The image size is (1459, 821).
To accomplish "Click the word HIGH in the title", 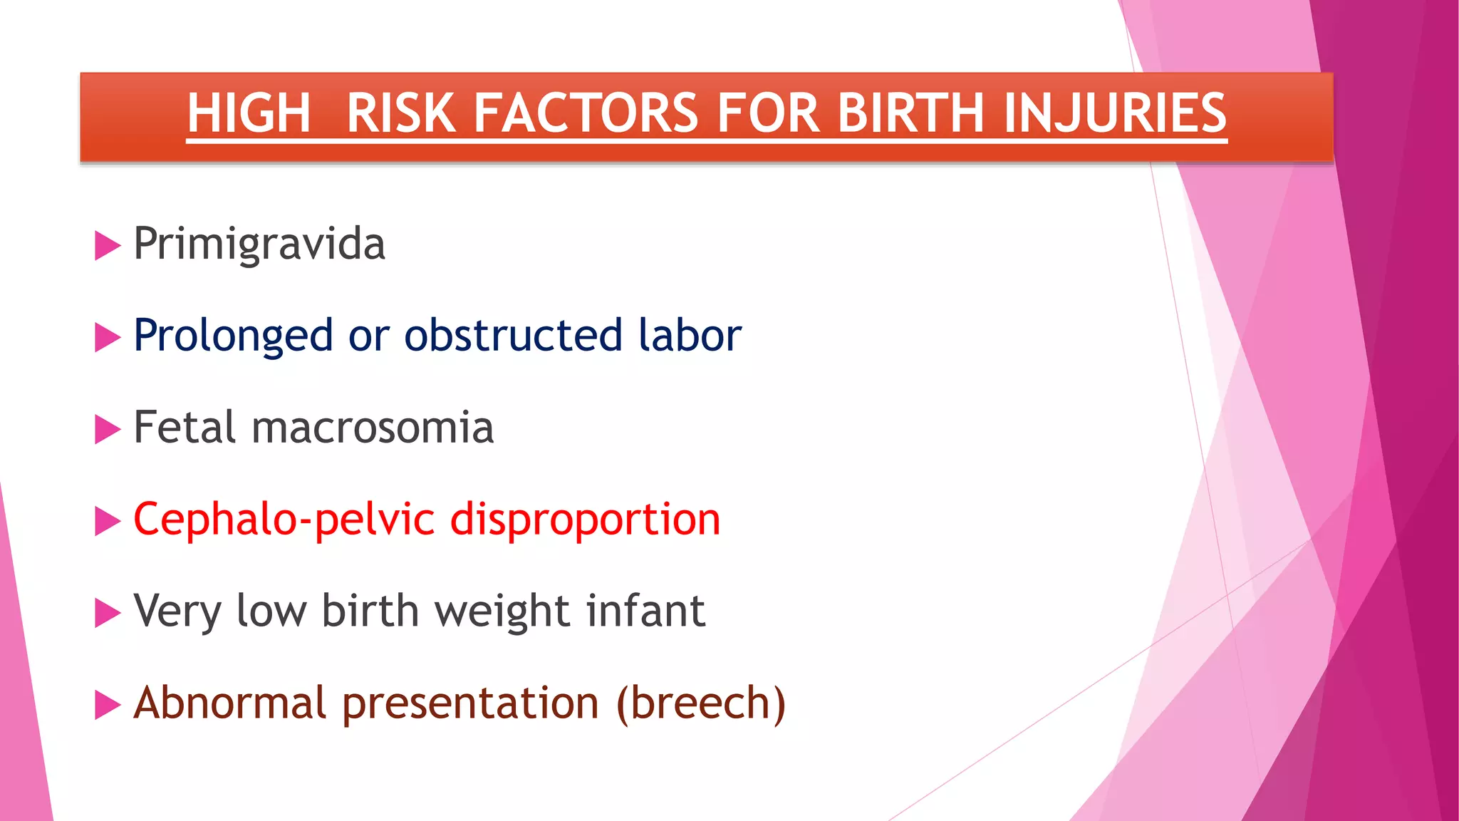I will click(x=249, y=113).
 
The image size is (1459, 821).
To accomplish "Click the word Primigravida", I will click(x=259, y=244).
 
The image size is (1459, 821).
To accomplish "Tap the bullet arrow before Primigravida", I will click(x=107, y=246).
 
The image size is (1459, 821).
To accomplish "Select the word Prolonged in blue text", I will click(x=233, y=336).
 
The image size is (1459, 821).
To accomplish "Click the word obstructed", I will click(x=513, y=336).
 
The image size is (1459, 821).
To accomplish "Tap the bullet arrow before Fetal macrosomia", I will click(x=107, y=430).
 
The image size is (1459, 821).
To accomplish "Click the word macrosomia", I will click(x=373, y=428).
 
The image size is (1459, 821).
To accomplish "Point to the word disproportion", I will click(x=585, y=520).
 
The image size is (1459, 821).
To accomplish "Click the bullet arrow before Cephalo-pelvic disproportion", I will click(x=107, y=522).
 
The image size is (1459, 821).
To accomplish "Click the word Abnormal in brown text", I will click(x=229, y=703).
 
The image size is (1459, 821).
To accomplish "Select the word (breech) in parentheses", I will click(x=701, y=703).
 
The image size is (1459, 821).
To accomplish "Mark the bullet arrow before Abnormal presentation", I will click(x=107, y=705).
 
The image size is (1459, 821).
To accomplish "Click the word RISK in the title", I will click(x=400, y=113).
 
